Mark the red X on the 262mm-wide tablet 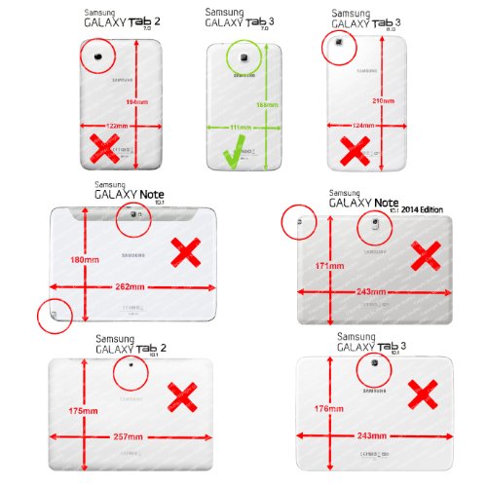click(187, 253)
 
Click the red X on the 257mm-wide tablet click(182, 394)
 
